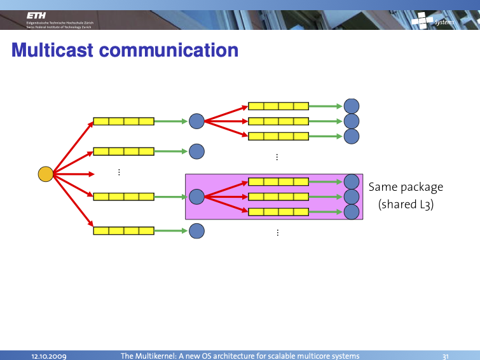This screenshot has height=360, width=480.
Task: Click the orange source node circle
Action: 45,174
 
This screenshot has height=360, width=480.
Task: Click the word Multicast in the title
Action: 52,50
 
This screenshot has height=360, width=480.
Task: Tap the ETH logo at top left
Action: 36,16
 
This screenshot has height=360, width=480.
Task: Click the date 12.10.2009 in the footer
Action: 50,356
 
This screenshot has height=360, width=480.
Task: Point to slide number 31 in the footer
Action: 446,356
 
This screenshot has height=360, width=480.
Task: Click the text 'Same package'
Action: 406,187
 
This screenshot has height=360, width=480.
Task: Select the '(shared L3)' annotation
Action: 406,205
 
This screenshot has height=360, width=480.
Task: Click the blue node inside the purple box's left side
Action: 196,197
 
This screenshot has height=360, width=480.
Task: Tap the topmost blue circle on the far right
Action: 351,106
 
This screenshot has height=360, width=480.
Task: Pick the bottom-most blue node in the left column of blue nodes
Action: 196,230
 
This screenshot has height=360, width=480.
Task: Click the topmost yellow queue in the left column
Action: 124,121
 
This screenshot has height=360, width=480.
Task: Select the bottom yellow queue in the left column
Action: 124,230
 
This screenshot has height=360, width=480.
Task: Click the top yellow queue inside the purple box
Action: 278,182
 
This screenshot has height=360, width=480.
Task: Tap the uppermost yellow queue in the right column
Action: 278,106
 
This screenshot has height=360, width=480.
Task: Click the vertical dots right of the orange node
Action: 120,172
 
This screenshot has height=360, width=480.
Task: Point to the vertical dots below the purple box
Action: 278,233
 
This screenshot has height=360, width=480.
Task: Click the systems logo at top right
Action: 433,21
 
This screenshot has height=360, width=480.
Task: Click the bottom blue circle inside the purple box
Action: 351,212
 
